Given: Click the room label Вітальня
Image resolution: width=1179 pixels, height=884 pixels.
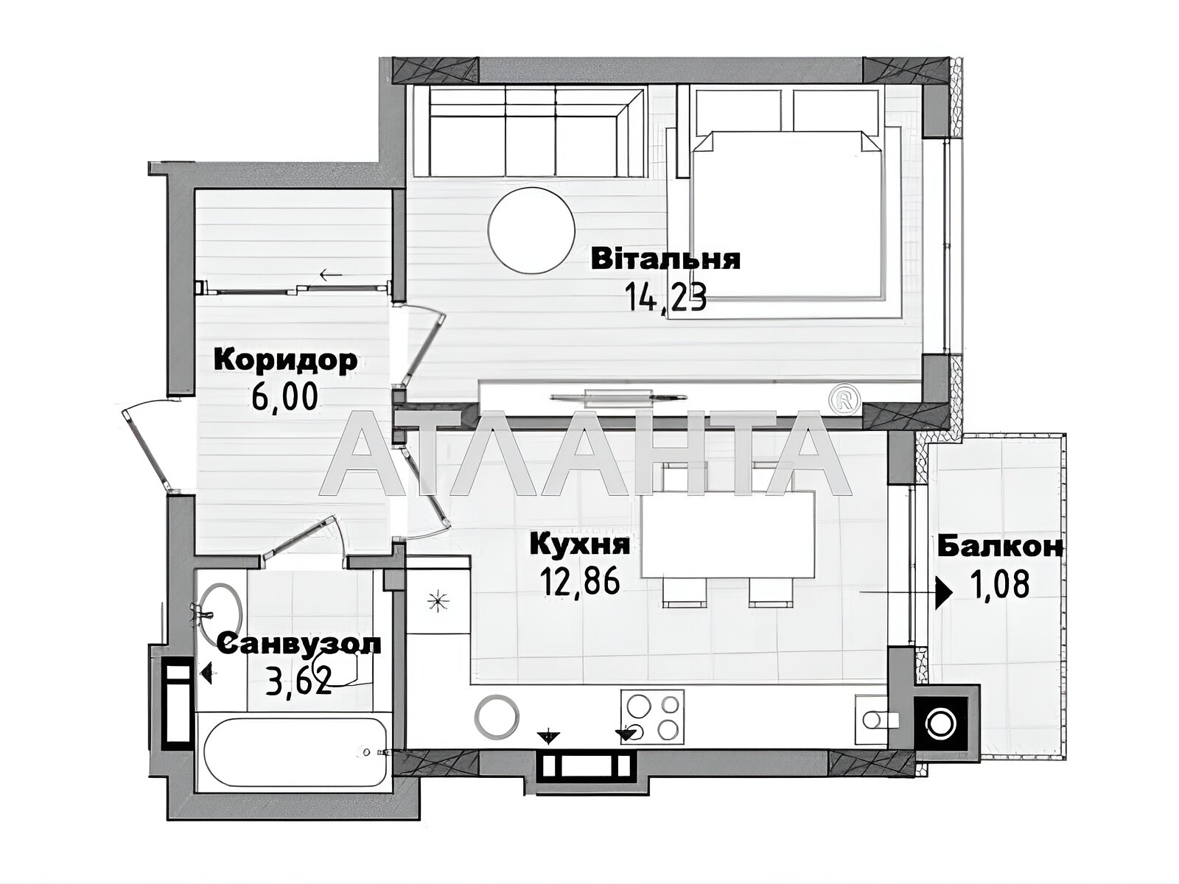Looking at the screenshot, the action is (x=665, y=259).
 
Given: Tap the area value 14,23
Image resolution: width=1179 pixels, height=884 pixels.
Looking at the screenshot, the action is (x=665, y=298).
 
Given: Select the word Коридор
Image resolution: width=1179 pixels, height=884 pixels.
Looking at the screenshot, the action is (x=285, y=361).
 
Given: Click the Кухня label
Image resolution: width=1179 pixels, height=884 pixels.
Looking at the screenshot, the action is (x=580, y=544).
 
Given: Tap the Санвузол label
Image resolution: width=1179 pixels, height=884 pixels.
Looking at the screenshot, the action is (x=300, y=644).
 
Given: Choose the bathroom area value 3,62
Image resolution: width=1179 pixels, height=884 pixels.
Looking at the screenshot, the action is (x=298, y=681).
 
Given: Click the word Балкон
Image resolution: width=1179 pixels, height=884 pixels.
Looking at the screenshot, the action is (x=1000, y=547).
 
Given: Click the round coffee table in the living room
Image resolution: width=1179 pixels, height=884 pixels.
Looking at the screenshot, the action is (x=531, y=230).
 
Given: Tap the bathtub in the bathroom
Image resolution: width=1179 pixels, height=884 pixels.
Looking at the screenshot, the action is (x=296, y=752).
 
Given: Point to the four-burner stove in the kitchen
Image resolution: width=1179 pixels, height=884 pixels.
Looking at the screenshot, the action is (x=652, y=717).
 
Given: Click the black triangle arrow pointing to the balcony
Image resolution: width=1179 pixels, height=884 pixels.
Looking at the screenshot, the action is (x=944, y=592).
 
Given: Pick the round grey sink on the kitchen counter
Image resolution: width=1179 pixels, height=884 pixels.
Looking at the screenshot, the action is (x=497, y=716).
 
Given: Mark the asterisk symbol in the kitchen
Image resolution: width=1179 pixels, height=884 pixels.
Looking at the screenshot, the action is (x=438, y=602).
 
